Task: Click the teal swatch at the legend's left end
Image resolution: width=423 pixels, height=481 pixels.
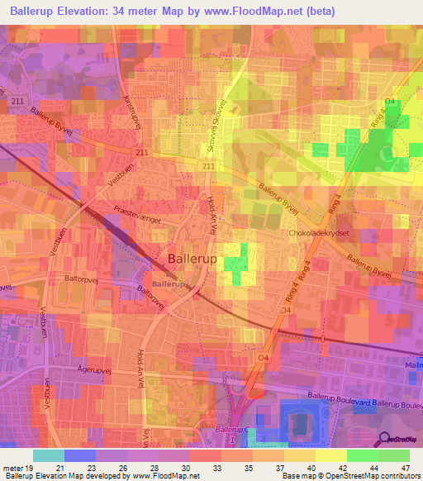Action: click(48, 455)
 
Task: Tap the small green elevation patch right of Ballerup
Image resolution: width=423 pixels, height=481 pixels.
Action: click(236, 266)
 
